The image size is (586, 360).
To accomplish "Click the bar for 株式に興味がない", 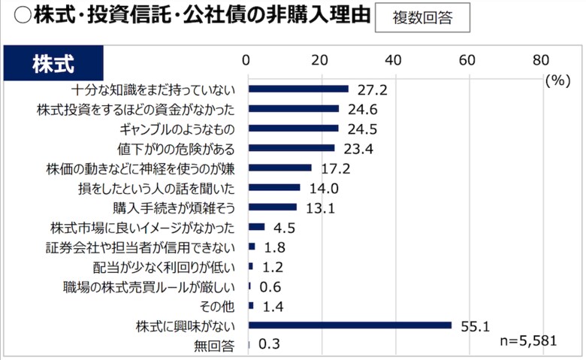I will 349,325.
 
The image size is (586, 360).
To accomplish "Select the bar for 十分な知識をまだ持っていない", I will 298,89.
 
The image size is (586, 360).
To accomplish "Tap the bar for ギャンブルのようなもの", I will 293,128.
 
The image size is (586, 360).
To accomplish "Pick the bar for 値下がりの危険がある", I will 291,148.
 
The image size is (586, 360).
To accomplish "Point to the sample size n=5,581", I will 528,341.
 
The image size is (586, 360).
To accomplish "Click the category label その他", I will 218,306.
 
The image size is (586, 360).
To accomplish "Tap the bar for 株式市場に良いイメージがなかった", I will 256,227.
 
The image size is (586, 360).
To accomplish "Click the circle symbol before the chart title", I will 14,17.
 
